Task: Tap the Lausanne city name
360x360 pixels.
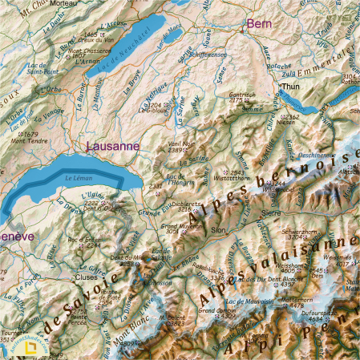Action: point(112,147)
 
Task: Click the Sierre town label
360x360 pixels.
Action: point(271,213)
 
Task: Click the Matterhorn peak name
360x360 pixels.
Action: point(297,298)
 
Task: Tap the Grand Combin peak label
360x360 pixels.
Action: point(214,309)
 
